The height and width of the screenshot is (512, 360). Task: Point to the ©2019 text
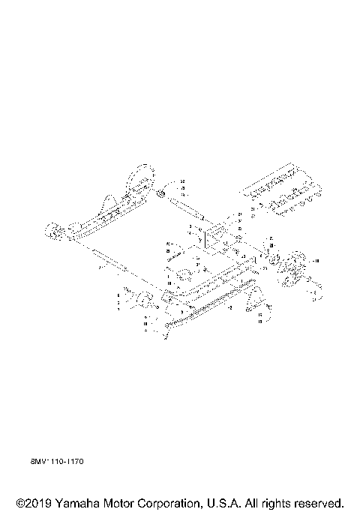pyautogui.click(x=31, y=502)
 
